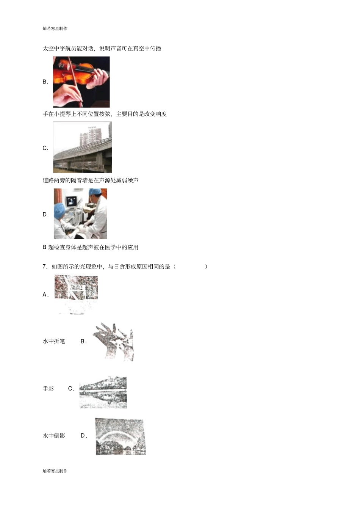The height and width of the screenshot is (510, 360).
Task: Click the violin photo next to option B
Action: (x=81, y=82)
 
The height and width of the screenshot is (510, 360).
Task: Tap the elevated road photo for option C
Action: (x=82, y=148)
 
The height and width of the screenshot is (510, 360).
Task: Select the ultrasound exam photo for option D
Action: (x=80, y=214)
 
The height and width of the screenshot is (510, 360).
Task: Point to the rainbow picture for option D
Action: (x=121, y=436)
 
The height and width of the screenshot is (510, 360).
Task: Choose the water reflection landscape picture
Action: (x=103, y=392)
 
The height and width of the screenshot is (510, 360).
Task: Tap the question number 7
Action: (x=45, y=267)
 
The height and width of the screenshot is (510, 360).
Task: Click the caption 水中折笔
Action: (x=54, y=341)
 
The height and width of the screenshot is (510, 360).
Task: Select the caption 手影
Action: (x=48, y=389)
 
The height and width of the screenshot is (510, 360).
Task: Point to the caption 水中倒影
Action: (x=54, y=436)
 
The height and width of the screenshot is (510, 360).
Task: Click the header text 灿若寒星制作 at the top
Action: (x=55, y=28)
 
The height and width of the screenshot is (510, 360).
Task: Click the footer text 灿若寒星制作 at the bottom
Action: (x=55, y=471)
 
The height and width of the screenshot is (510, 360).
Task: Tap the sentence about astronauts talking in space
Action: (x=102, y=49)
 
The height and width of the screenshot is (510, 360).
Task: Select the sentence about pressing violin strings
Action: (x=105, y=114)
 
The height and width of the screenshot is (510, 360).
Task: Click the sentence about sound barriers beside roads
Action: (x=90, y=180)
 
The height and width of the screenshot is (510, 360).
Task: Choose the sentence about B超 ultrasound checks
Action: (x=90, y=247)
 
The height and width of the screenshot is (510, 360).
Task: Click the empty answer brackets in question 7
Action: (x=191, y=267)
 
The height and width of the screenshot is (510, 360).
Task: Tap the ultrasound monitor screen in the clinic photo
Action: (x=71, y=202)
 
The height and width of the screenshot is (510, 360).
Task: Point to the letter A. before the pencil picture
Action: (x=45, y=295)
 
